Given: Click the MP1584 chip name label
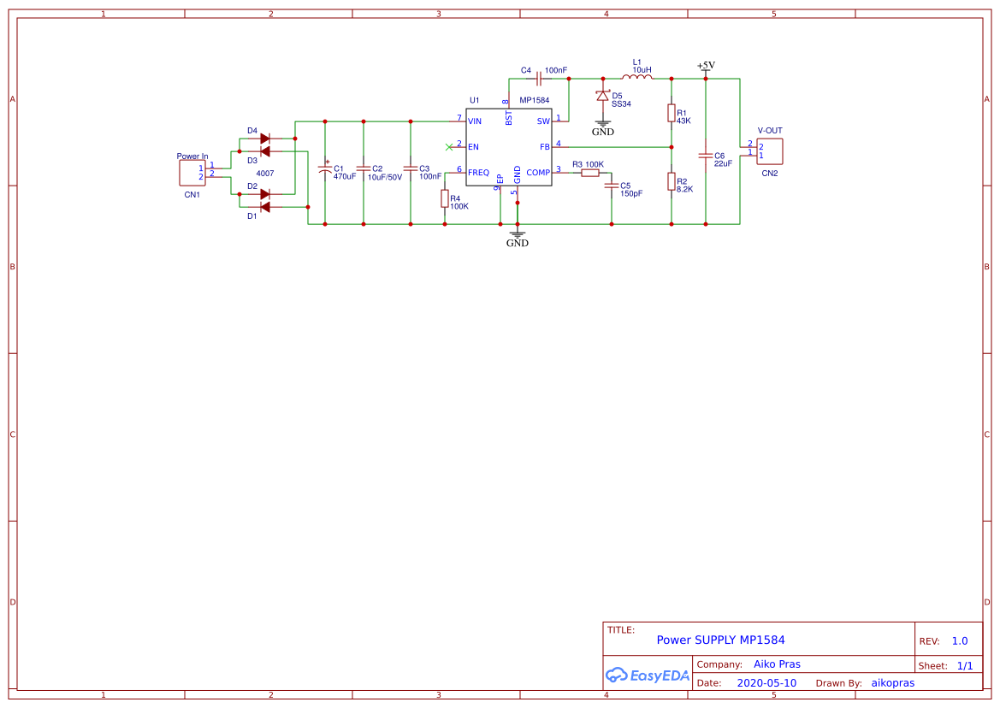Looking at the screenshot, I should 535,100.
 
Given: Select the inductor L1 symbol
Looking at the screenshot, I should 636,78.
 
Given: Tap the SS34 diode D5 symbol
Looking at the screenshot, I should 602,96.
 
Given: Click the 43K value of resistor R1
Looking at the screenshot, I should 683,121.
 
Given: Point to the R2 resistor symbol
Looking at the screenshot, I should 672,181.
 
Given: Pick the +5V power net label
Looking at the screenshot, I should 706,66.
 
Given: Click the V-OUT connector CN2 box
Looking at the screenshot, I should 770,150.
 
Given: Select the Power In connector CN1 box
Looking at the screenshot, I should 190,173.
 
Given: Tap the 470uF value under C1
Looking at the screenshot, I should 345,177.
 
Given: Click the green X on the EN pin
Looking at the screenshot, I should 449,146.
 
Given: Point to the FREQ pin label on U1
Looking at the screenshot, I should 478,173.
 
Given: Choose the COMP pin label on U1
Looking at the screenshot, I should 538,173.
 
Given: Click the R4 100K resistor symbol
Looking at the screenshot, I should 445,198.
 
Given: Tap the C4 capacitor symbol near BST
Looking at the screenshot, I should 539,79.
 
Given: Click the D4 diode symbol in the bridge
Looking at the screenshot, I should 264,138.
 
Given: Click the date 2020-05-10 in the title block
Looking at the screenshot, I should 766,683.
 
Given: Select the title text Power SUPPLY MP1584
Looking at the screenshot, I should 720,640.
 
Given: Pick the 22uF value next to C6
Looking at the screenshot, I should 724,163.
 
